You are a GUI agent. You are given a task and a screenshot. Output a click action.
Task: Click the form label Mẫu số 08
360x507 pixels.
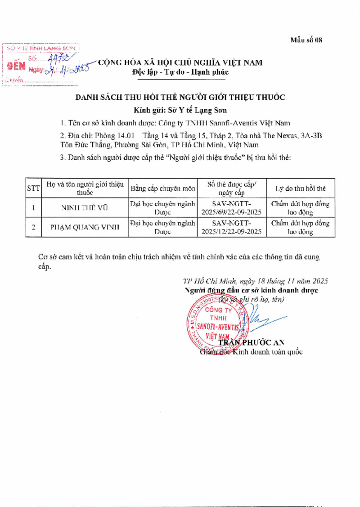tap(306, 40)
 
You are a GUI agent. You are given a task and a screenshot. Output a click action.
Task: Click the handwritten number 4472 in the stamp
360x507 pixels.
tap(58, 57)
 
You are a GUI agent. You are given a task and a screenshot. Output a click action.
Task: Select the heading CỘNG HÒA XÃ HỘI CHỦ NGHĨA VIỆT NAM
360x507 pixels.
tap(180, 63)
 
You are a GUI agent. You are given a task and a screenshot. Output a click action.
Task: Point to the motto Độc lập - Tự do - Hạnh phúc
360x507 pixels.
tap(180, 72)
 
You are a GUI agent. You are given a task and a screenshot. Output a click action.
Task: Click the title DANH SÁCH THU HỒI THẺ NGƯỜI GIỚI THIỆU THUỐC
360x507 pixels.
tap(180, 97)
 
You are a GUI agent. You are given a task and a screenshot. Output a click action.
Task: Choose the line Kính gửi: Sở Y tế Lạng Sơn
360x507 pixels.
tap(180, 110)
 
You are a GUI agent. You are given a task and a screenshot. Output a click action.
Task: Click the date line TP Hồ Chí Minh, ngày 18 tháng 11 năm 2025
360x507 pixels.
tap(255, 281)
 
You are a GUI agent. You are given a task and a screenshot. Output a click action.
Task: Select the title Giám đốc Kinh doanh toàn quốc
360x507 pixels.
tap(251, 352)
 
